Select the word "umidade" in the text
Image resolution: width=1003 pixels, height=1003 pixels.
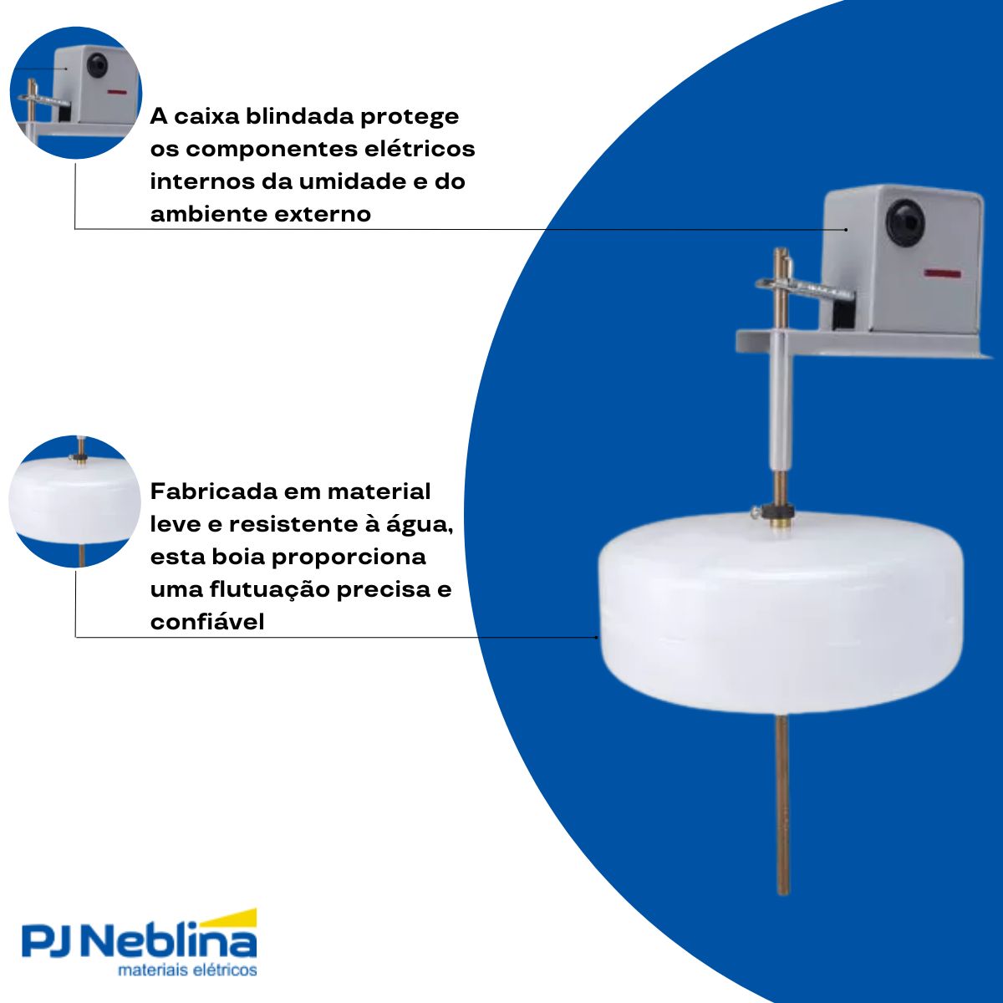[x=346, y=181]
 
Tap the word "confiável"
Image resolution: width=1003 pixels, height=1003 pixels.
[x=207, y=622]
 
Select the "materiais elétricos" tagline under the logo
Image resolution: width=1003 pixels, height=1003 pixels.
[x=187, y=971]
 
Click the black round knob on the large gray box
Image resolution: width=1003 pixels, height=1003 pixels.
[x=907, y=221]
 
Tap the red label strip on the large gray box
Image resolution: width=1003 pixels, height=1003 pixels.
[x=942, y=272]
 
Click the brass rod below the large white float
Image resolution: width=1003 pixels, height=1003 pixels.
[x=782, y=802]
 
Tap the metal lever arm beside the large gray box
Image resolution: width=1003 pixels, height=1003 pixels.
[x=802, y=288]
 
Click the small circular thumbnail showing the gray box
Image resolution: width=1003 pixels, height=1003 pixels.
[x=75, y=92]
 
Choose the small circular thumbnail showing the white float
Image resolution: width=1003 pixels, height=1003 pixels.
[x=75, y=501]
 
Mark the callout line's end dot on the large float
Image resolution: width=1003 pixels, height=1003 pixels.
[x=597, y=637]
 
